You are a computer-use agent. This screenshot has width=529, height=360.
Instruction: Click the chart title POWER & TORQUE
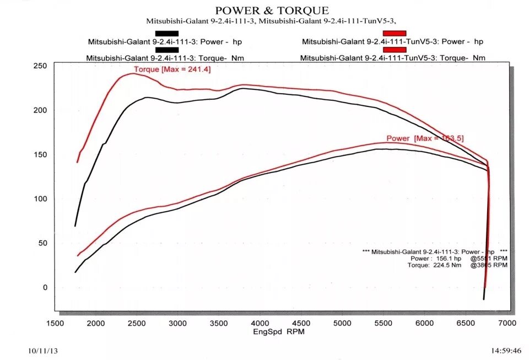(x=272, y=10)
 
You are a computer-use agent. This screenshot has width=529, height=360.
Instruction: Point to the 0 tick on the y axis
(x=45, y=288)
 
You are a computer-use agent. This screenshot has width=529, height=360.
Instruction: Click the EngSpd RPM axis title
(x=279, y=332)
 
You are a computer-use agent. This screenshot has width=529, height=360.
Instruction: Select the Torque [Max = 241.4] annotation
(x=172, y=69)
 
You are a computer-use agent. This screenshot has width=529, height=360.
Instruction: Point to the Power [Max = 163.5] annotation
(x=425, y=138)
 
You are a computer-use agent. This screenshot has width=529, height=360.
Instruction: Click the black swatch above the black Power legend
(x=167, y=33)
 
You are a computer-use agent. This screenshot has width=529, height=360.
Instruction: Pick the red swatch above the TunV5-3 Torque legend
(x=394, y=50)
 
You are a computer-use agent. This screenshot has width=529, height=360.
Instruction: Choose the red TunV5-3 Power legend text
(x=392, y=41)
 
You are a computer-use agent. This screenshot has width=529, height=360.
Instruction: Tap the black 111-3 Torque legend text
(x=165, y=58)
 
